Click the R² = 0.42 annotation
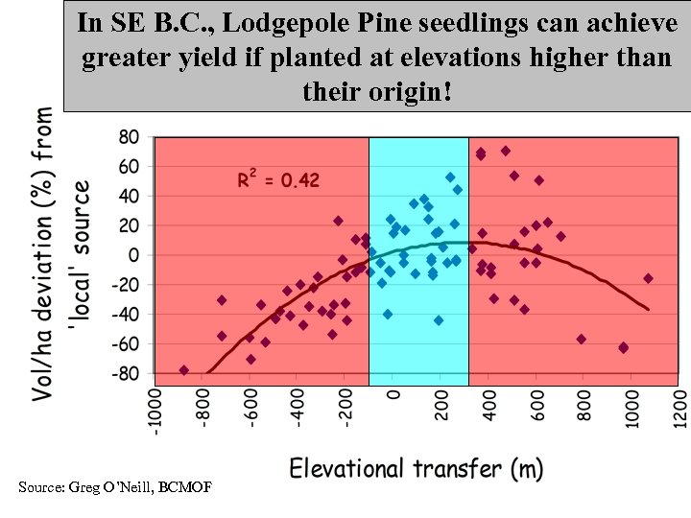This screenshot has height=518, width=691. (x=279, y=179)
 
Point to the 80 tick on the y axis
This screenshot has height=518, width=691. (x=129, y=136)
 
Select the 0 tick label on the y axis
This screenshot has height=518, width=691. (x=133, y=255)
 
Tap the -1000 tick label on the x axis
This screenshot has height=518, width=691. (x=154, y=410)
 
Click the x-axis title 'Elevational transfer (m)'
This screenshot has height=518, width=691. (x=417, y=468)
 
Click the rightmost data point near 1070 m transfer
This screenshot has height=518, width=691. (x=648, y=278)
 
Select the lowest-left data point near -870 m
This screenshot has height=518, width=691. (x=184, y=370)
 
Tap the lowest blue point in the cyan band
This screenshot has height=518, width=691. (x=439, y=320)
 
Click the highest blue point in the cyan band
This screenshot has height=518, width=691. (x=450, y=177)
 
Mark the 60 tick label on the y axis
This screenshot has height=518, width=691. (x=129, y=166)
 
